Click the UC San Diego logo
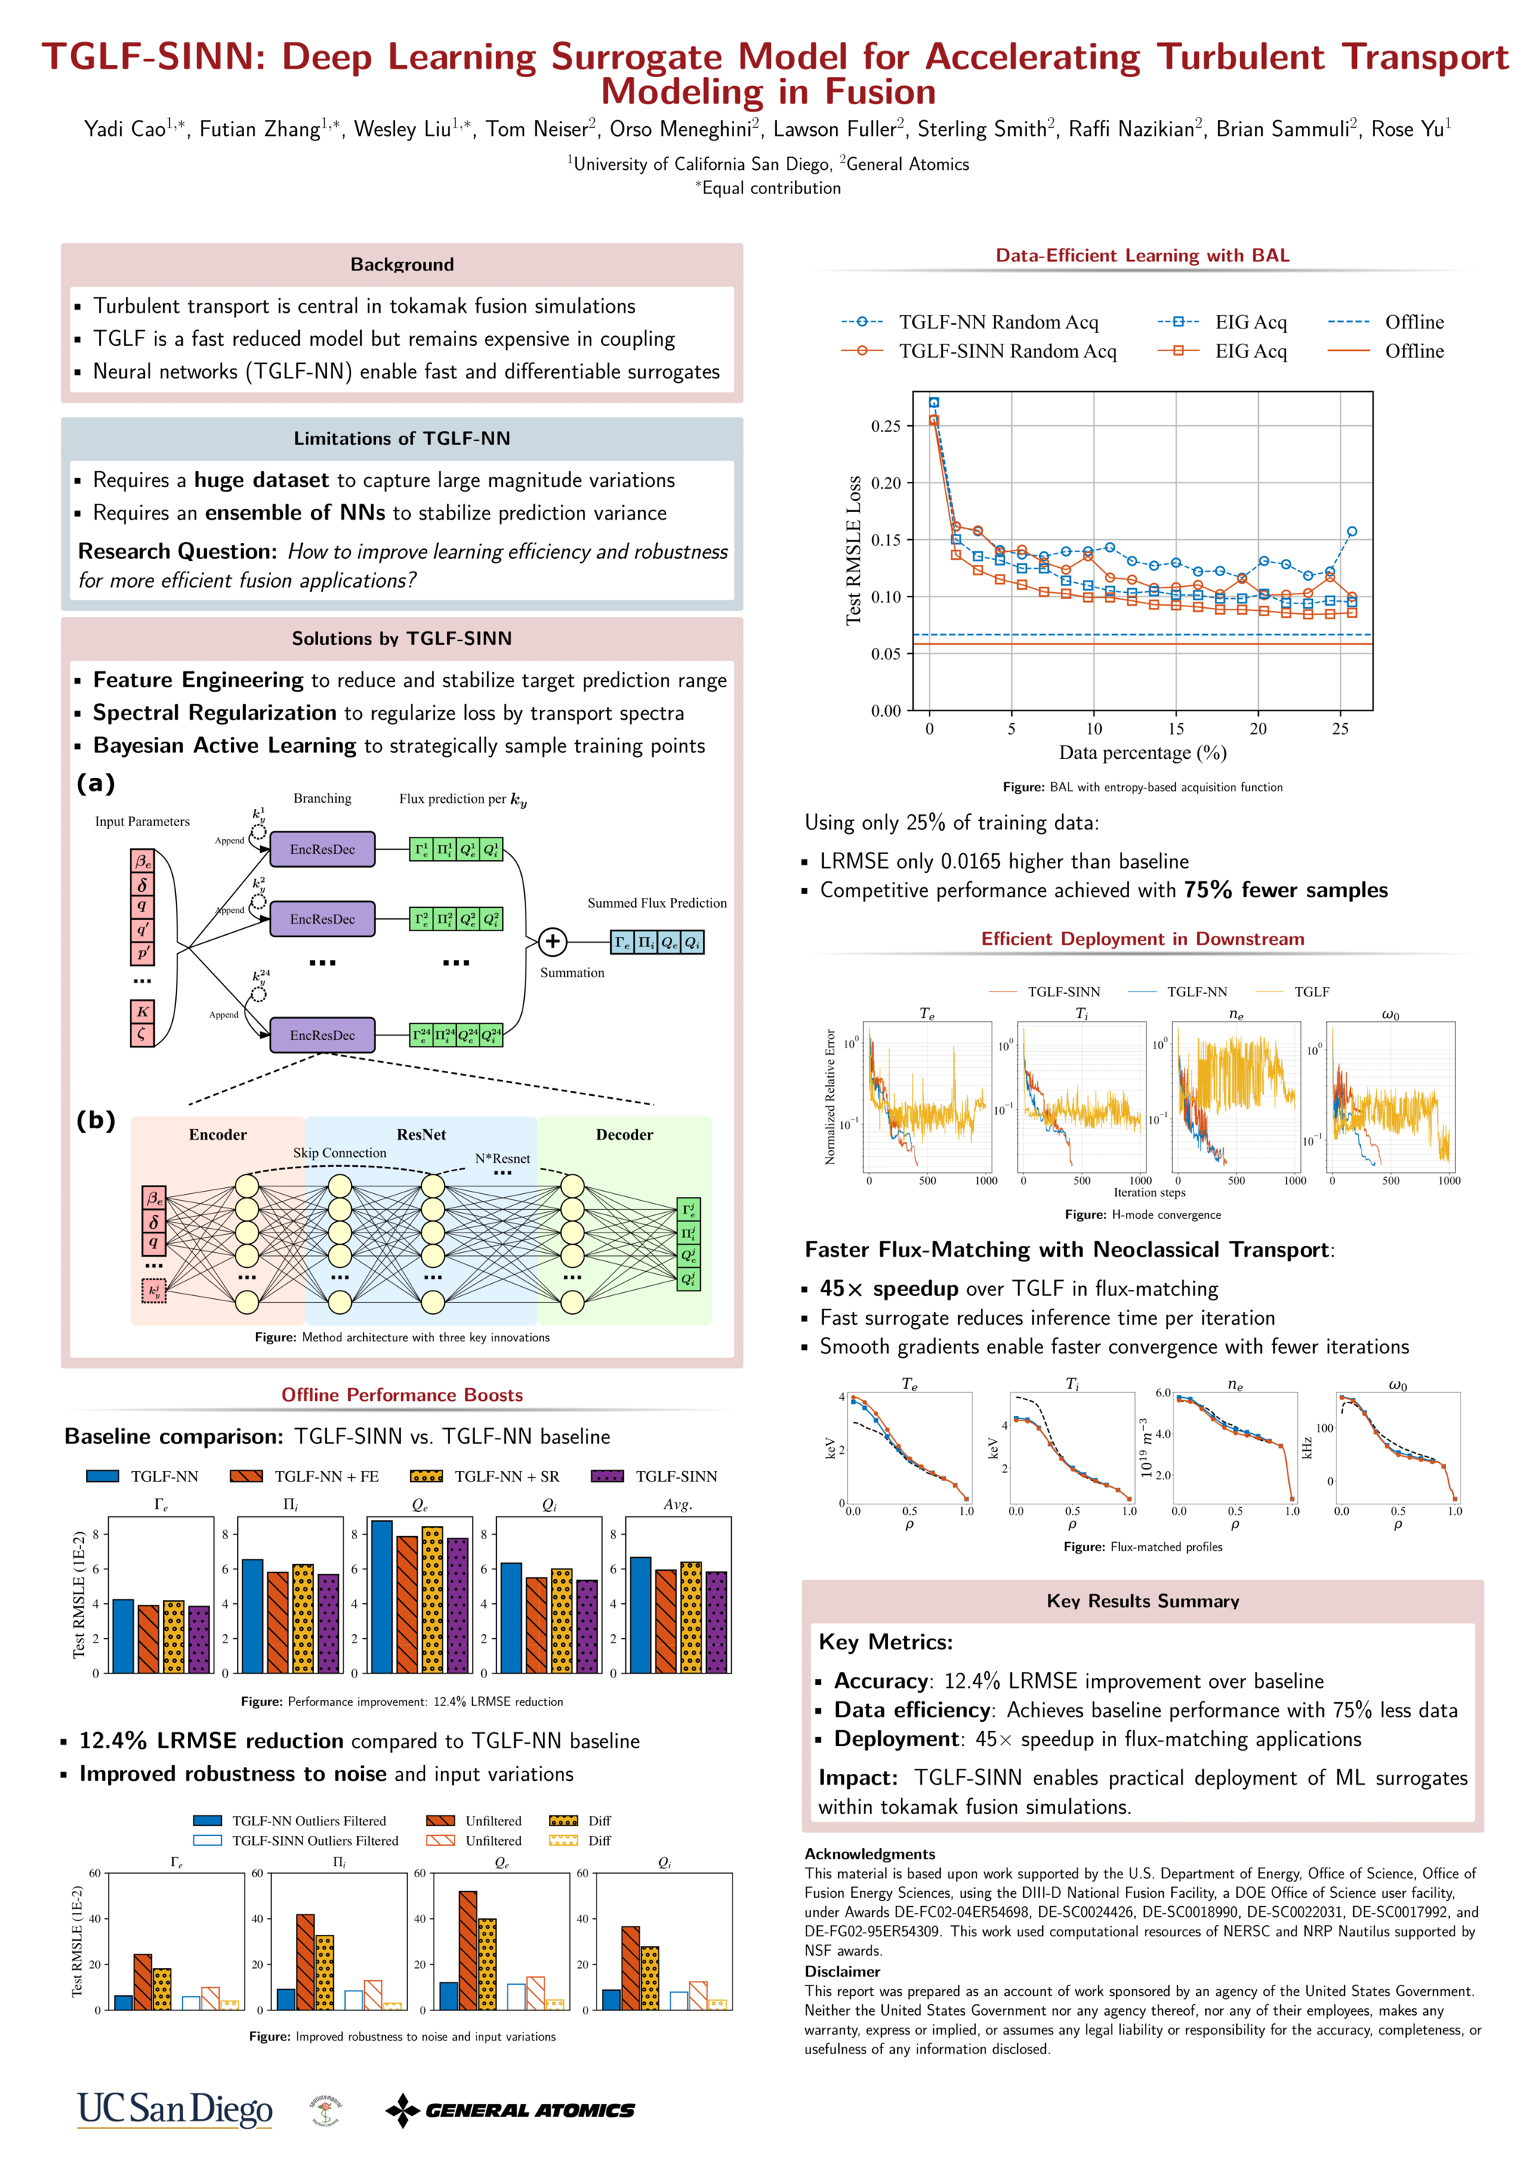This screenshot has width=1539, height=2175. (174, 2109)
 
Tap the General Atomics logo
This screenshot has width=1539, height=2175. (510, 2109)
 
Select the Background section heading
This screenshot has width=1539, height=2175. (402, 264)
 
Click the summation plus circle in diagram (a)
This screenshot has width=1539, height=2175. (553, 941)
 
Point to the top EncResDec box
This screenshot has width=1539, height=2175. (322, 849)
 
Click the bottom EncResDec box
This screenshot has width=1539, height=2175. (322, 1035)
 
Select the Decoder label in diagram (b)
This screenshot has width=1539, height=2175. (625, 1134)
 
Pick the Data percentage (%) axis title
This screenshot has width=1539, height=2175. (1142, 752)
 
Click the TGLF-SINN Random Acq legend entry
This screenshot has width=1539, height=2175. (1007, 352)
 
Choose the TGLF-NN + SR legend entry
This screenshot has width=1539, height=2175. (506, 1476)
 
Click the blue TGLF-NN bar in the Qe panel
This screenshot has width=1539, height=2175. (382, 1597)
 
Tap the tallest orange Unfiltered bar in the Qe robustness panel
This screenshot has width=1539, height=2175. (468, 1951)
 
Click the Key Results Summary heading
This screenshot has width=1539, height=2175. (1142, 1601)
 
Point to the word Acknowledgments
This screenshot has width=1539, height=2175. (869, 1854)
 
